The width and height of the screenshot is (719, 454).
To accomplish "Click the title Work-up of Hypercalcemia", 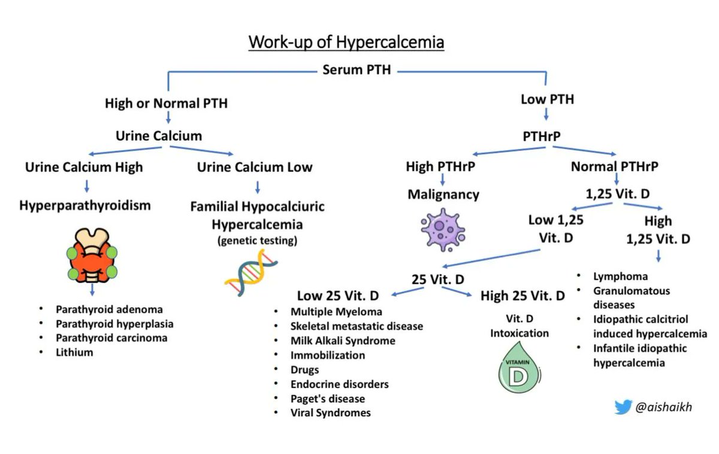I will click(346, 44).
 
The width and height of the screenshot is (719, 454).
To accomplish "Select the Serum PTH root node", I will click(357, 70).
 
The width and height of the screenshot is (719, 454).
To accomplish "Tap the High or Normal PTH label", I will click(166, 103).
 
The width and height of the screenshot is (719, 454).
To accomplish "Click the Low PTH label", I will click(547, 99).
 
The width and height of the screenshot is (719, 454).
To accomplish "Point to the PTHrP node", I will click(541, 137).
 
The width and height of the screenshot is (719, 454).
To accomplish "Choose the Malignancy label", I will click(443, 195).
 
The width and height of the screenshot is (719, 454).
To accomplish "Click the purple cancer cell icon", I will click(443, 230).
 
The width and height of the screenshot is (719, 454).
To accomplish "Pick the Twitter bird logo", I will click(623, 407).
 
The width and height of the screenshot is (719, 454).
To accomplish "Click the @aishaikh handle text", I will click(663, 407).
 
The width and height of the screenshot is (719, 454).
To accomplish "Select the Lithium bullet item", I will click(75, 352).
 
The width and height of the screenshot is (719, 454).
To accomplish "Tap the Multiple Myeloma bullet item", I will click(336, 311).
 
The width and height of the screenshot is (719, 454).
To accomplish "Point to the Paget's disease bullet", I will click(327, 398).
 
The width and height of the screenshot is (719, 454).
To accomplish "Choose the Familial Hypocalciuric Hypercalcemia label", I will click(257, 216).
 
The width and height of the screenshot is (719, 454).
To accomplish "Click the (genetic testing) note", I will click(257, 241).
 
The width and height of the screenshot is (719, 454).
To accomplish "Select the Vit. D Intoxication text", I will click(519, 326).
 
